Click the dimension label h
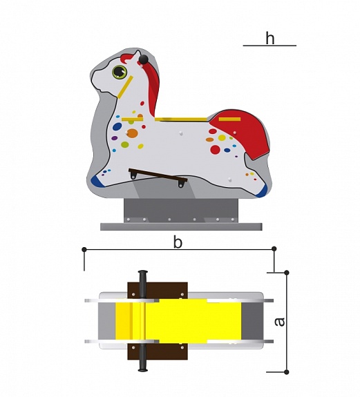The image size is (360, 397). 270,39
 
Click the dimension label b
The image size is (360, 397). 178,242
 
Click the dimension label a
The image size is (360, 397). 280,321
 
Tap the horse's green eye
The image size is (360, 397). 120,72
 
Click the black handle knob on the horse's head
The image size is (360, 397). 143,59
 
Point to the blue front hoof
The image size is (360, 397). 98,181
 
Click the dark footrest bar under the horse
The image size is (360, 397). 158,175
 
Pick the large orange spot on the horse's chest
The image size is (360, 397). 132,133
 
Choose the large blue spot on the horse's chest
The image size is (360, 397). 117,126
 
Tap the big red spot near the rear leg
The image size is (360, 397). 216,149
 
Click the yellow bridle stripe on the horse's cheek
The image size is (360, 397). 125,87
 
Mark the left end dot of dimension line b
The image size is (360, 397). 84,250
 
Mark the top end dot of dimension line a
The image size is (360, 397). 287,273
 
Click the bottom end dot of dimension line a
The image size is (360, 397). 287,372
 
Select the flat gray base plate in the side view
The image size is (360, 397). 181,226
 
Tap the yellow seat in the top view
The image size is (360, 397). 178,321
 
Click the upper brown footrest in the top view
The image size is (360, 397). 158,291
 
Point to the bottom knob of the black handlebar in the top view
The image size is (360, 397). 143,370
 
